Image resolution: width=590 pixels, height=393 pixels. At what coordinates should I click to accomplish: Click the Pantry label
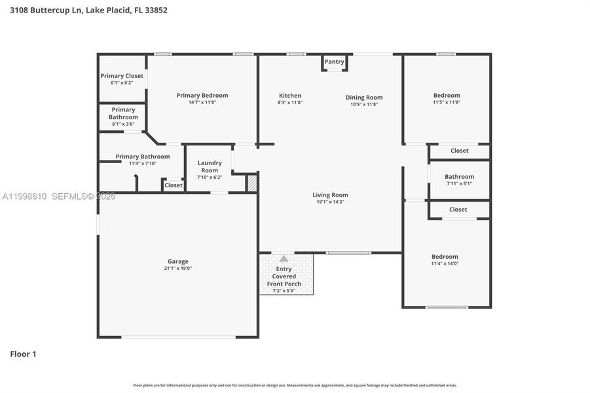pos(334,62)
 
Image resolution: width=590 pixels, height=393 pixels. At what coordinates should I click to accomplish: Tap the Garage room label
pos(177,261)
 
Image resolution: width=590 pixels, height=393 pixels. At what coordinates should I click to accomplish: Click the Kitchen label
pos(289,96)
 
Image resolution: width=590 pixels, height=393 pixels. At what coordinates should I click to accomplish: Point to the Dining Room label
pos(364,98)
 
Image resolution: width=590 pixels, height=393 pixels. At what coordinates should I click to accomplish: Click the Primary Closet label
pos(122,76)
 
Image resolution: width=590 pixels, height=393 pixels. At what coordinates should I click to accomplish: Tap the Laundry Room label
pos(210,166)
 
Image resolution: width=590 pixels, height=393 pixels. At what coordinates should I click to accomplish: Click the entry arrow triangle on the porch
pos(284,259)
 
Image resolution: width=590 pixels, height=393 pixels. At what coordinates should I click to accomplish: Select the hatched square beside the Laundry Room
pos(251,183)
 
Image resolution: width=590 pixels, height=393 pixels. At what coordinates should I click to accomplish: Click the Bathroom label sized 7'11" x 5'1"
pos(459,176)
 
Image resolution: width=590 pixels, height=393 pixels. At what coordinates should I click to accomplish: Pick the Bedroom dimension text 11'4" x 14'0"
pos(445,264)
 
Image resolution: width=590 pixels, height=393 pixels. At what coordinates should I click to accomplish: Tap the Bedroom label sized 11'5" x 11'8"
pos(447,95)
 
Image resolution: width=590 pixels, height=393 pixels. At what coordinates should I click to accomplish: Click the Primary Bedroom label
pos(202,95)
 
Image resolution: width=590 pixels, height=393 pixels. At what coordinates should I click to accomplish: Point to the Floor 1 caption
pos(23,354)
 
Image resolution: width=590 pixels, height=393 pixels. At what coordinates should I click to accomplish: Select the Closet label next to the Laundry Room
pos(174,185)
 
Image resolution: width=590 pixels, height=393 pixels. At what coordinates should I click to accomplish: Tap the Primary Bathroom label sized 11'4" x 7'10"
pos(143,157)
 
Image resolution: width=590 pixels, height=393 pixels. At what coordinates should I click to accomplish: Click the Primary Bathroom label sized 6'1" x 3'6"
pos(123,113)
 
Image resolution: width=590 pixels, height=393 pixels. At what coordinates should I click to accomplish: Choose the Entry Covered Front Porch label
pos(284,276)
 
